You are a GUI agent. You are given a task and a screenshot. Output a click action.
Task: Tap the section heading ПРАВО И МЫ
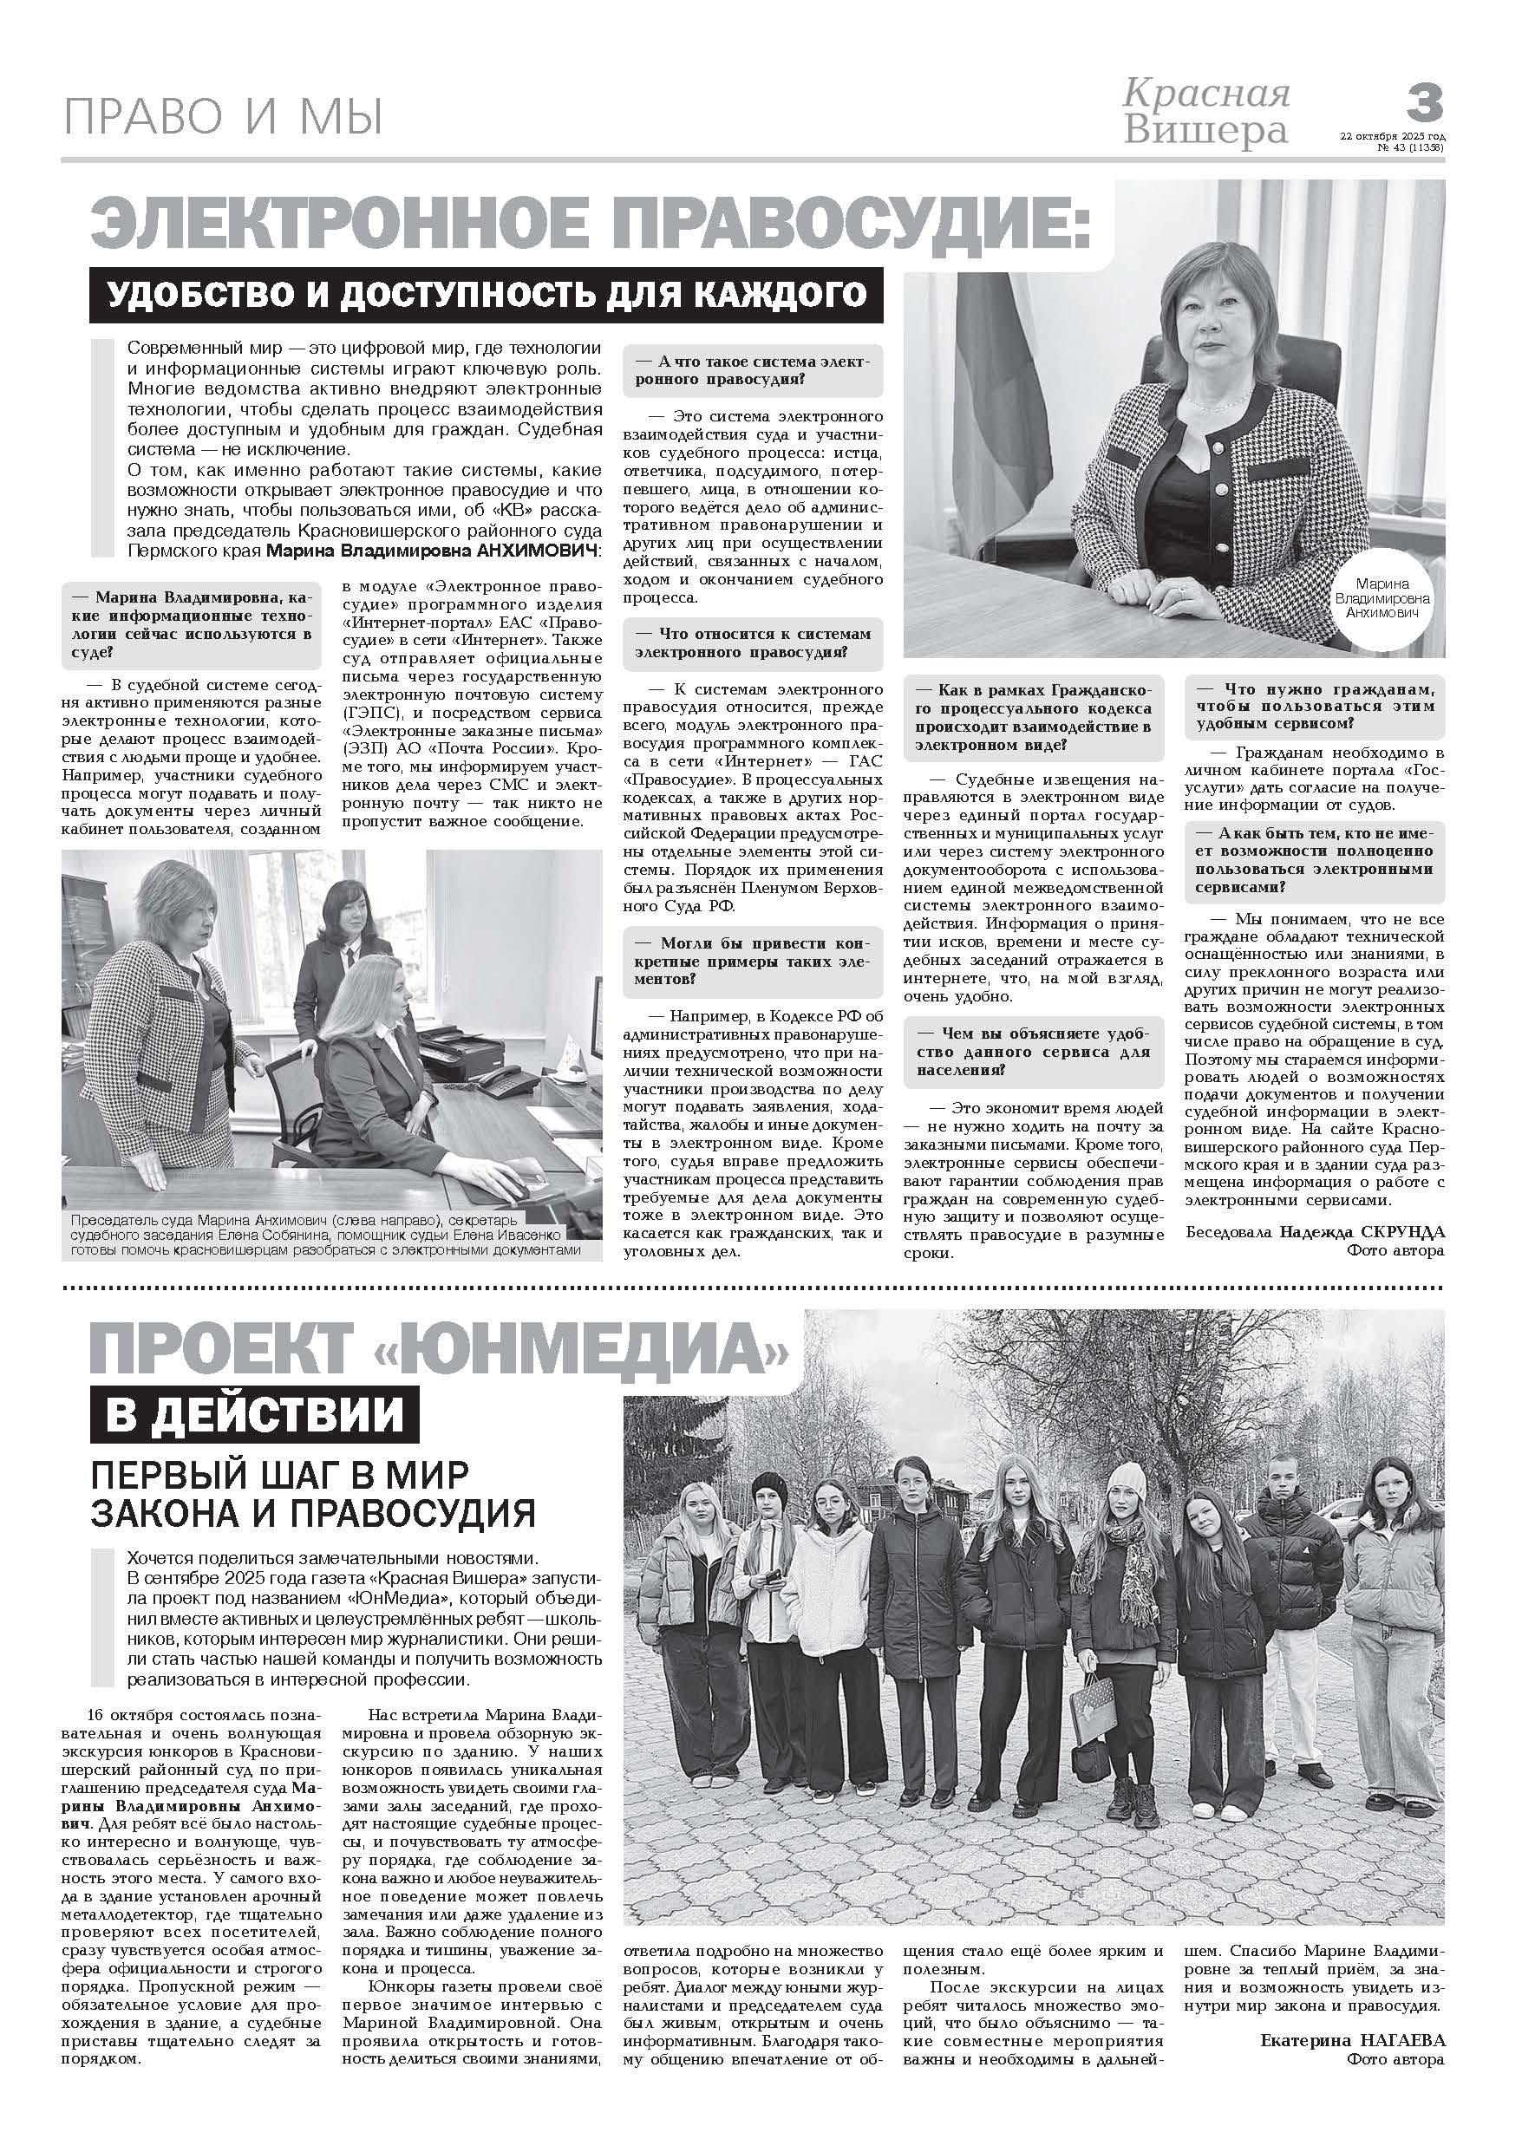click(223, 118)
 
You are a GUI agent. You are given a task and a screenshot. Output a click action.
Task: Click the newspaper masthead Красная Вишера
click(1206, 113)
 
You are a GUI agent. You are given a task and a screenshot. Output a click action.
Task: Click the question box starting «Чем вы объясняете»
click(1034, 1052)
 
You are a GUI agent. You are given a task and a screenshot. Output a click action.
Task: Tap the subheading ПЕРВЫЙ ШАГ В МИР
click(279, 1474)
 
